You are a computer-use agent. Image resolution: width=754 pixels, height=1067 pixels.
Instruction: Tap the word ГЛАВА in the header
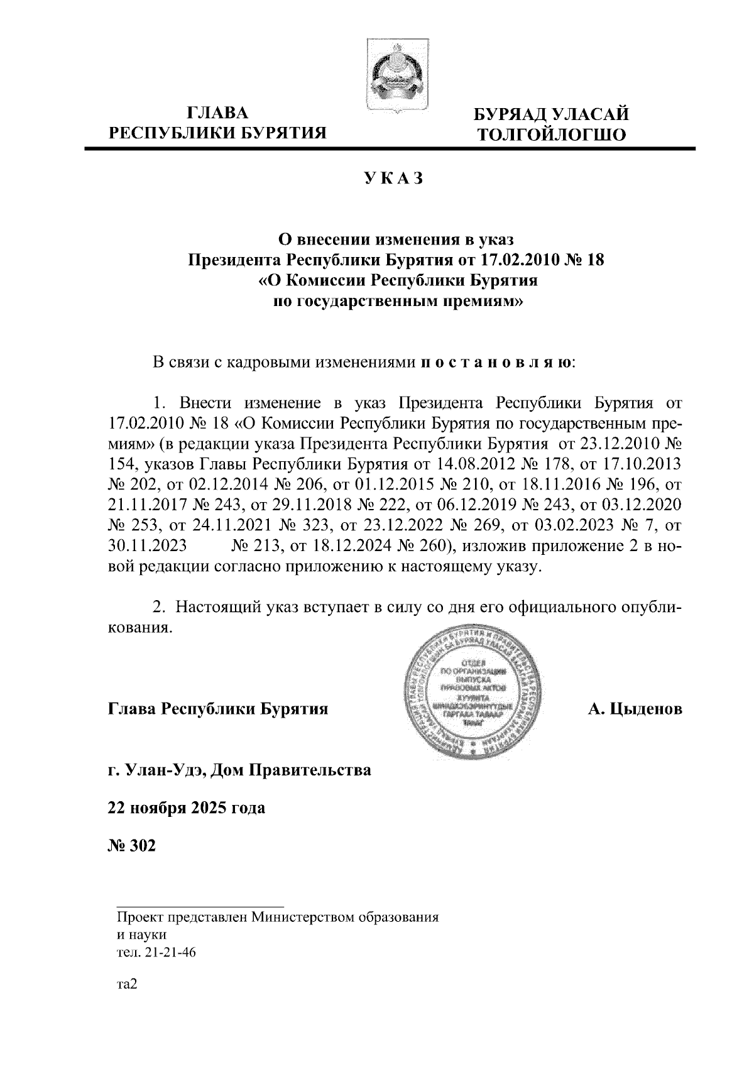pos(218,114)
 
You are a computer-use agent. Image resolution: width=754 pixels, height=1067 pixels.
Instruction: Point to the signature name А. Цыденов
pos(635,709)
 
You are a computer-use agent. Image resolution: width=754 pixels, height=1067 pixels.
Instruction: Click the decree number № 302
pos(131,845)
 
